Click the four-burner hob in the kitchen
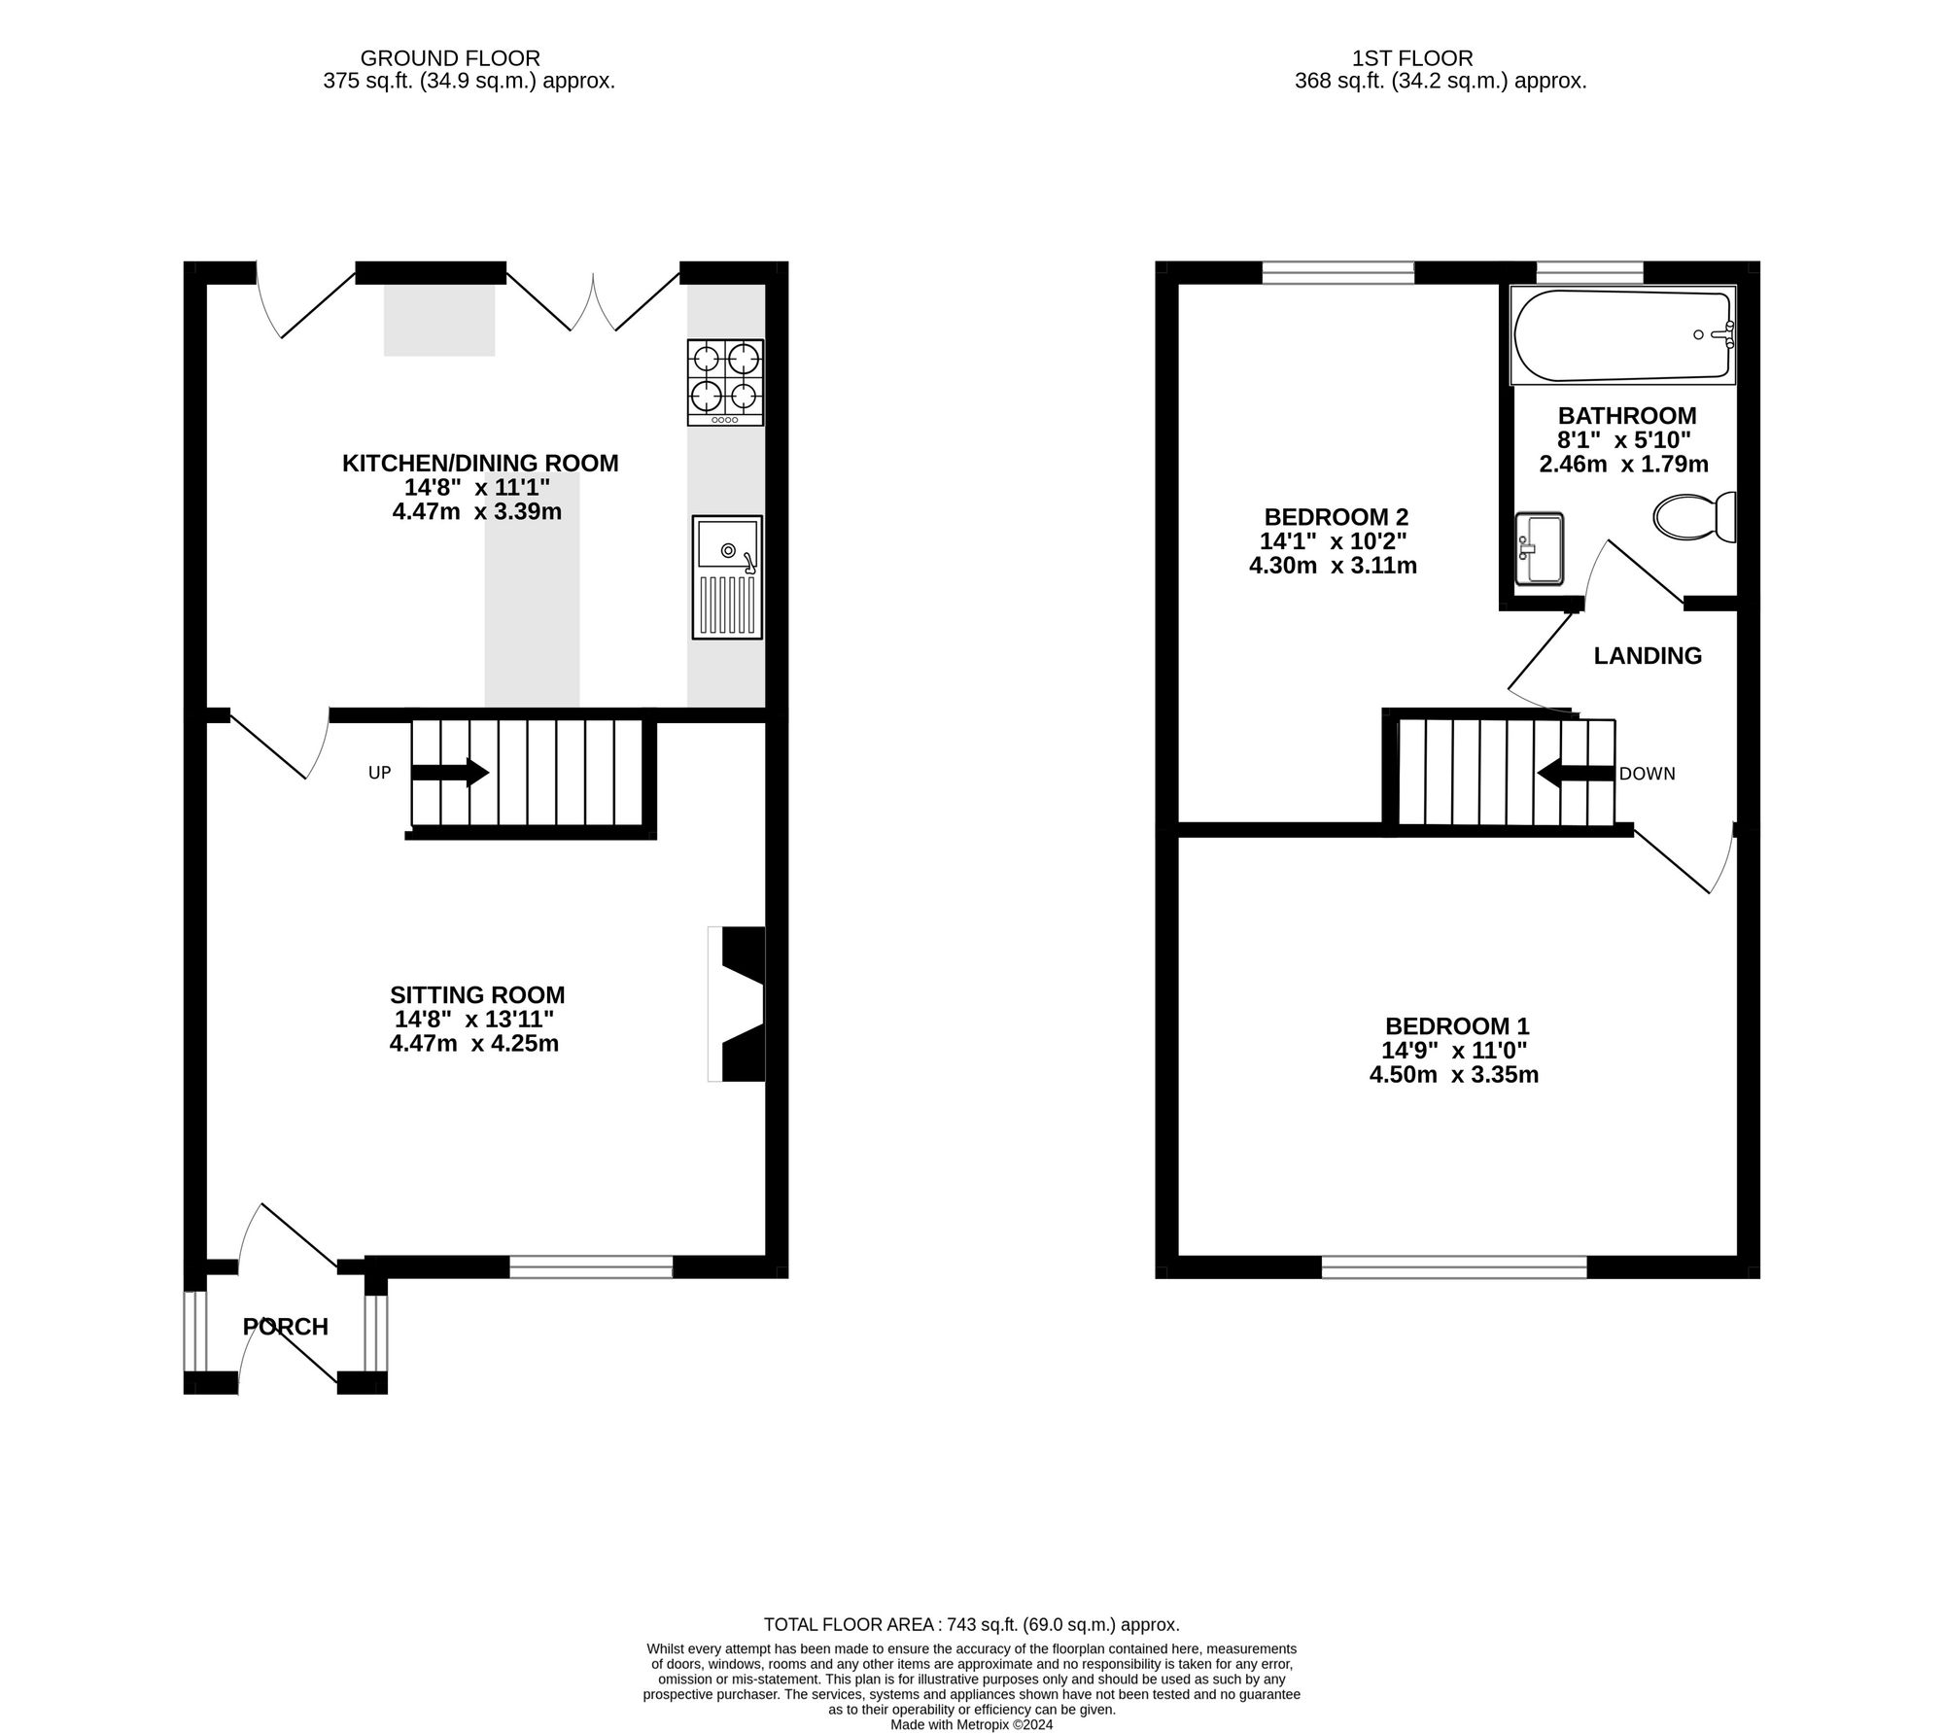coord(725,382)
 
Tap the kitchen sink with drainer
coord(727,577)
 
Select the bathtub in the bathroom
coord(1623,335)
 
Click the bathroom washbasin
coord(1539,549)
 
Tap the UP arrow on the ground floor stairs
coord(450,773)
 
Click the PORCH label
coord(286,1327)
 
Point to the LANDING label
coord(1648,656)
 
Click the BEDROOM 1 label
coord(1457,1025)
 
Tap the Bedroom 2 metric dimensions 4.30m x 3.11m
coord(1333,565)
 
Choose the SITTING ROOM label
coord(477,994)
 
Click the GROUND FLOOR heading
coord(450,58)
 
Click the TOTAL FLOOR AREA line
coord(971,1624)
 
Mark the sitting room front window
coord(591,1265)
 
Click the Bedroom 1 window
coord(1454,1266)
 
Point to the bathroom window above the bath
coord(1589,272)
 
